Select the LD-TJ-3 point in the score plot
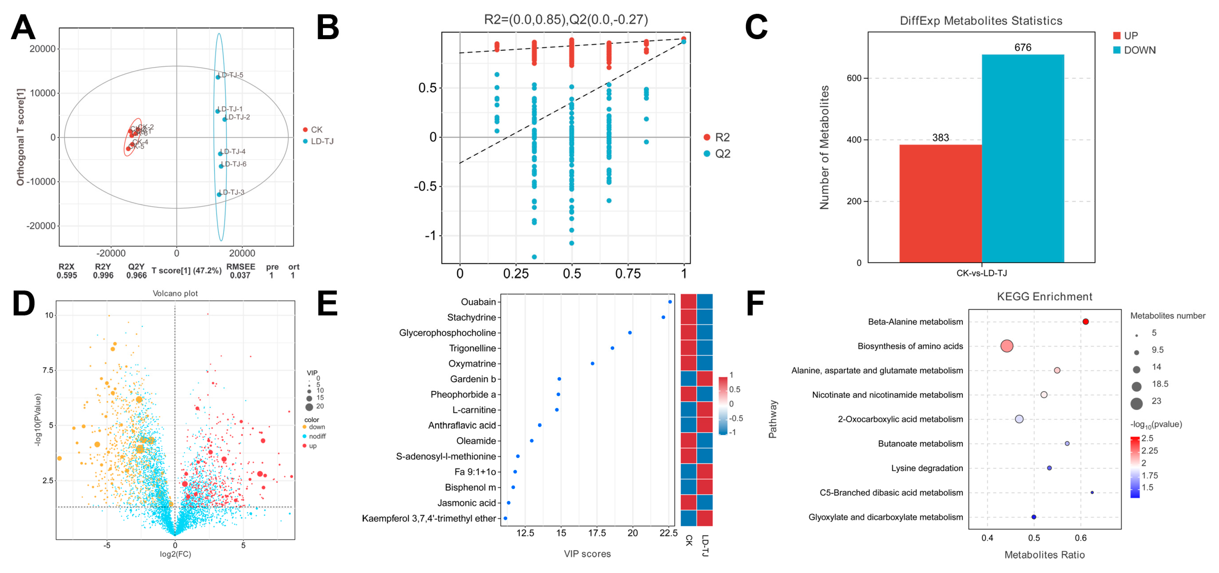pos(219,194)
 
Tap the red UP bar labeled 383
pos(940,203)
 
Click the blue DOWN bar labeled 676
pos(1023,159)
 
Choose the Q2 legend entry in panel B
pos(722,154)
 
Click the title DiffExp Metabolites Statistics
pos(980,21)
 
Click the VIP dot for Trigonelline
pos(612,348)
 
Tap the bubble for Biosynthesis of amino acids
pos(1007,346)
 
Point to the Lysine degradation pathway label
pos(927,468)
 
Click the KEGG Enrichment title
pos(1044,297)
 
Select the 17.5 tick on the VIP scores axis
pos(597,533)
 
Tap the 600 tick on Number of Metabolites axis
pos(854,78)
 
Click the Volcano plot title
pos(175,293)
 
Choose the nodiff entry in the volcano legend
pos(317,436)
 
